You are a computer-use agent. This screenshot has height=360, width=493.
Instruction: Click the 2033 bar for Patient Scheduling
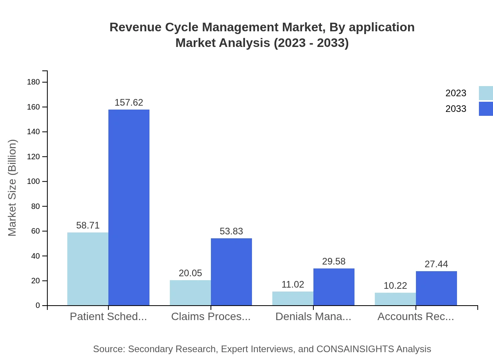(129, 207)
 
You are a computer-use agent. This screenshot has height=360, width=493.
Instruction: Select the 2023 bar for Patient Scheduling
(88, 269)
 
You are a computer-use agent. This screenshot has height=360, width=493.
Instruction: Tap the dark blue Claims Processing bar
(231, 272)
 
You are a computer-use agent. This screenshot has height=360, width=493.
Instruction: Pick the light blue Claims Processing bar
(190, 293)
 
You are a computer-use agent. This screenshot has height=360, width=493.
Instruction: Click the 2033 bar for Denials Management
(334, 287)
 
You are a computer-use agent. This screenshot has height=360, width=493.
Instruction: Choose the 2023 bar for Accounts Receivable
(395, 299)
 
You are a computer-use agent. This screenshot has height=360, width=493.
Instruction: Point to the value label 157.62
(129, 103)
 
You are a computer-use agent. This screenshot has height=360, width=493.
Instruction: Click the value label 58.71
(88, 225)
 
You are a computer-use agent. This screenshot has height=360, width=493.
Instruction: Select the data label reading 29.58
(334, 261)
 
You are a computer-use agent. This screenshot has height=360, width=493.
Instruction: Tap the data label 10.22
(395, 286)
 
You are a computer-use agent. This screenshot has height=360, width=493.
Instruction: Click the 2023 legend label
(456, 93)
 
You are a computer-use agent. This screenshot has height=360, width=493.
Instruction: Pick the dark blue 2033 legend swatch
(486, 109)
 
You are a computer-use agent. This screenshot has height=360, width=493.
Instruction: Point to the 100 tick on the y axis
(33, 182)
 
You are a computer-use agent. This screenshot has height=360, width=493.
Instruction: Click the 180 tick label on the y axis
(33, 82)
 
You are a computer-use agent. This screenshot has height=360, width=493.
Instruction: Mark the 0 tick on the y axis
(38, 306)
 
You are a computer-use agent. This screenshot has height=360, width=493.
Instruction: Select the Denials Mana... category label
(313, 317)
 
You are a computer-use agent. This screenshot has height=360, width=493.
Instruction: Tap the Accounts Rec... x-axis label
(416, 317)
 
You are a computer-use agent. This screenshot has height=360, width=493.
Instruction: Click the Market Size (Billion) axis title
(12, 188)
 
